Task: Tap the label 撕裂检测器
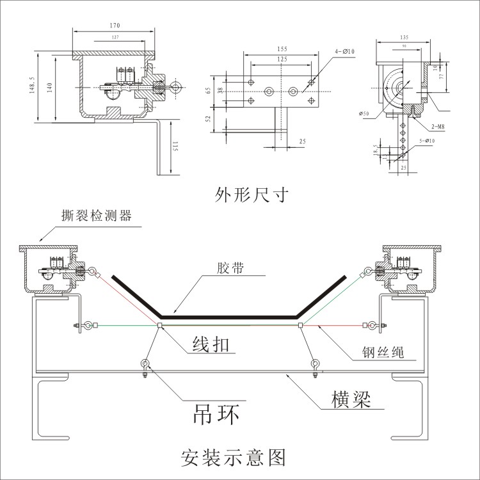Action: click(x=97, y=216)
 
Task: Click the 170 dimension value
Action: click(x=114, y=26)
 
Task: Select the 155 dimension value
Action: click(x=282, y=49)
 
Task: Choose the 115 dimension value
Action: click(x=175, y=147)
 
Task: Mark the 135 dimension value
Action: click(x=404, y=38)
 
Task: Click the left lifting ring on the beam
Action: click(x=145, y=365)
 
